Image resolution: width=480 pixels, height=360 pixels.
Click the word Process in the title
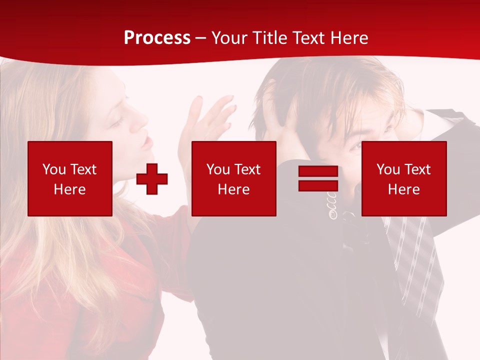point(157,38)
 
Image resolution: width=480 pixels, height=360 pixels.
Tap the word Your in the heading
point(229,38)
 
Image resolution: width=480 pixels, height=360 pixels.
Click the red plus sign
point(152,178)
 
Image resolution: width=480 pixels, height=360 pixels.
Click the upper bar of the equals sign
point(318,171)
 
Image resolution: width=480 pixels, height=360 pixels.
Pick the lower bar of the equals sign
point(318,185)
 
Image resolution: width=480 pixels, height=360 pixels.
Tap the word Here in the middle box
point(233,189)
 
